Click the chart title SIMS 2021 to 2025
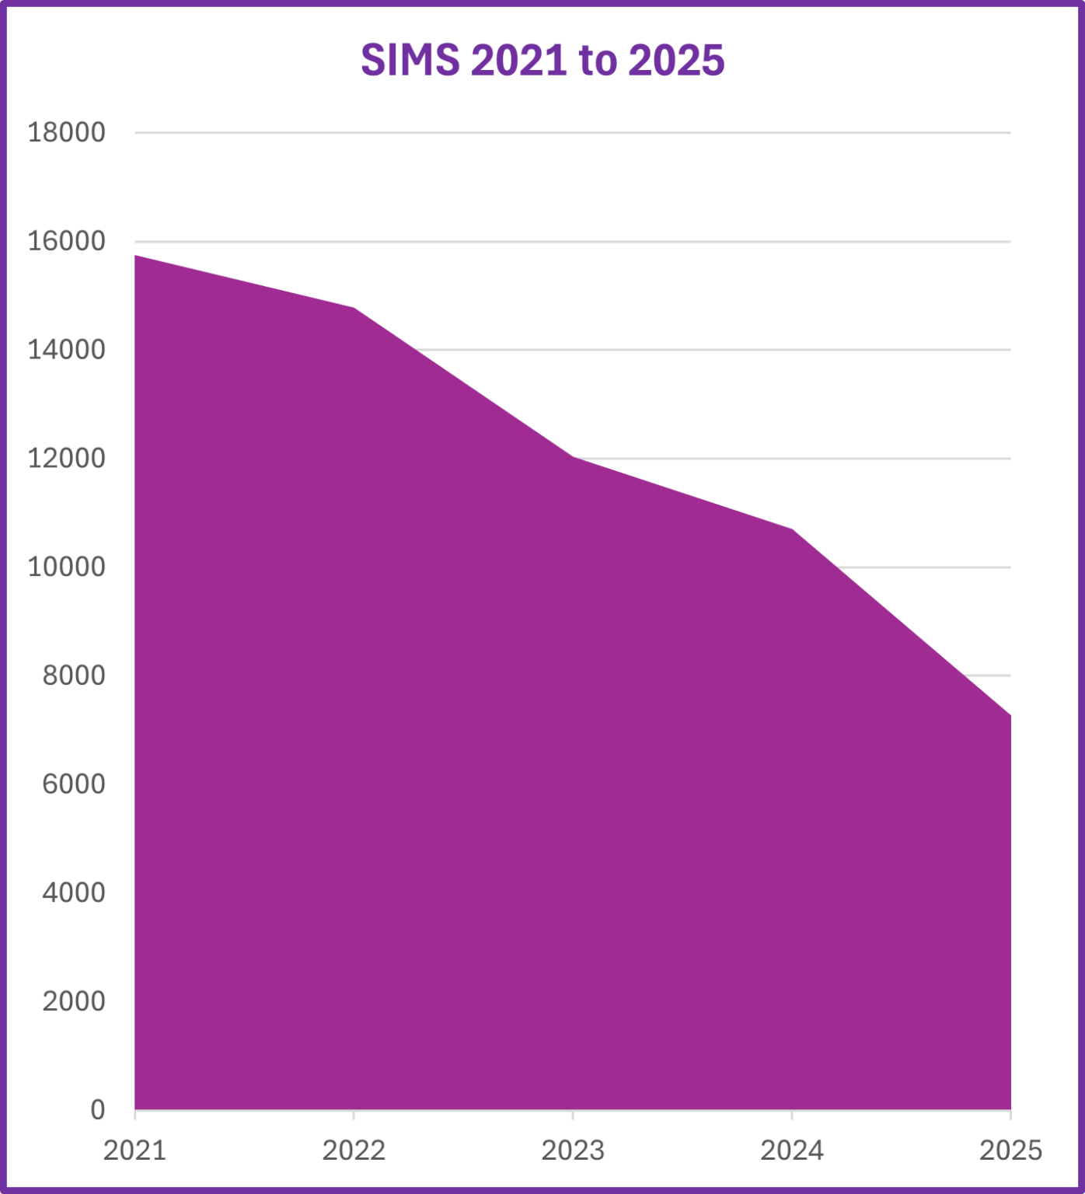(x=542, y=60)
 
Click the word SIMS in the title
(x=410, y=60)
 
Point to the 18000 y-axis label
(x=66, y=133)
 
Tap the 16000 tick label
(x=66, y=242)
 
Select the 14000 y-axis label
(x=66, y=350)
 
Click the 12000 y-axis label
(x=66, y=459)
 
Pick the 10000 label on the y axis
(x=66, y=567)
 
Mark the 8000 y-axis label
(x=73, y=676)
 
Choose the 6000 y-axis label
(x=73, y=784)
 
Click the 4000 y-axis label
(x=73, y=892)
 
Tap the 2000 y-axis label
(x=73, y=1001)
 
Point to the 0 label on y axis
(x=97, y=1109)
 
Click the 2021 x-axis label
(x=135, y=1150)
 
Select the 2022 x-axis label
(x=354, y=1150)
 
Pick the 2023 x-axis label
(x=573, y=1150)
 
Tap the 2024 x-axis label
(x=792, y=1150)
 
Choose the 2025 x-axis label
(x=1010, y=1150)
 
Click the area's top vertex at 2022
(x=354, y=309)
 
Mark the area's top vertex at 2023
(x=573, y=457)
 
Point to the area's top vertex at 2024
(x=792, y=529)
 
